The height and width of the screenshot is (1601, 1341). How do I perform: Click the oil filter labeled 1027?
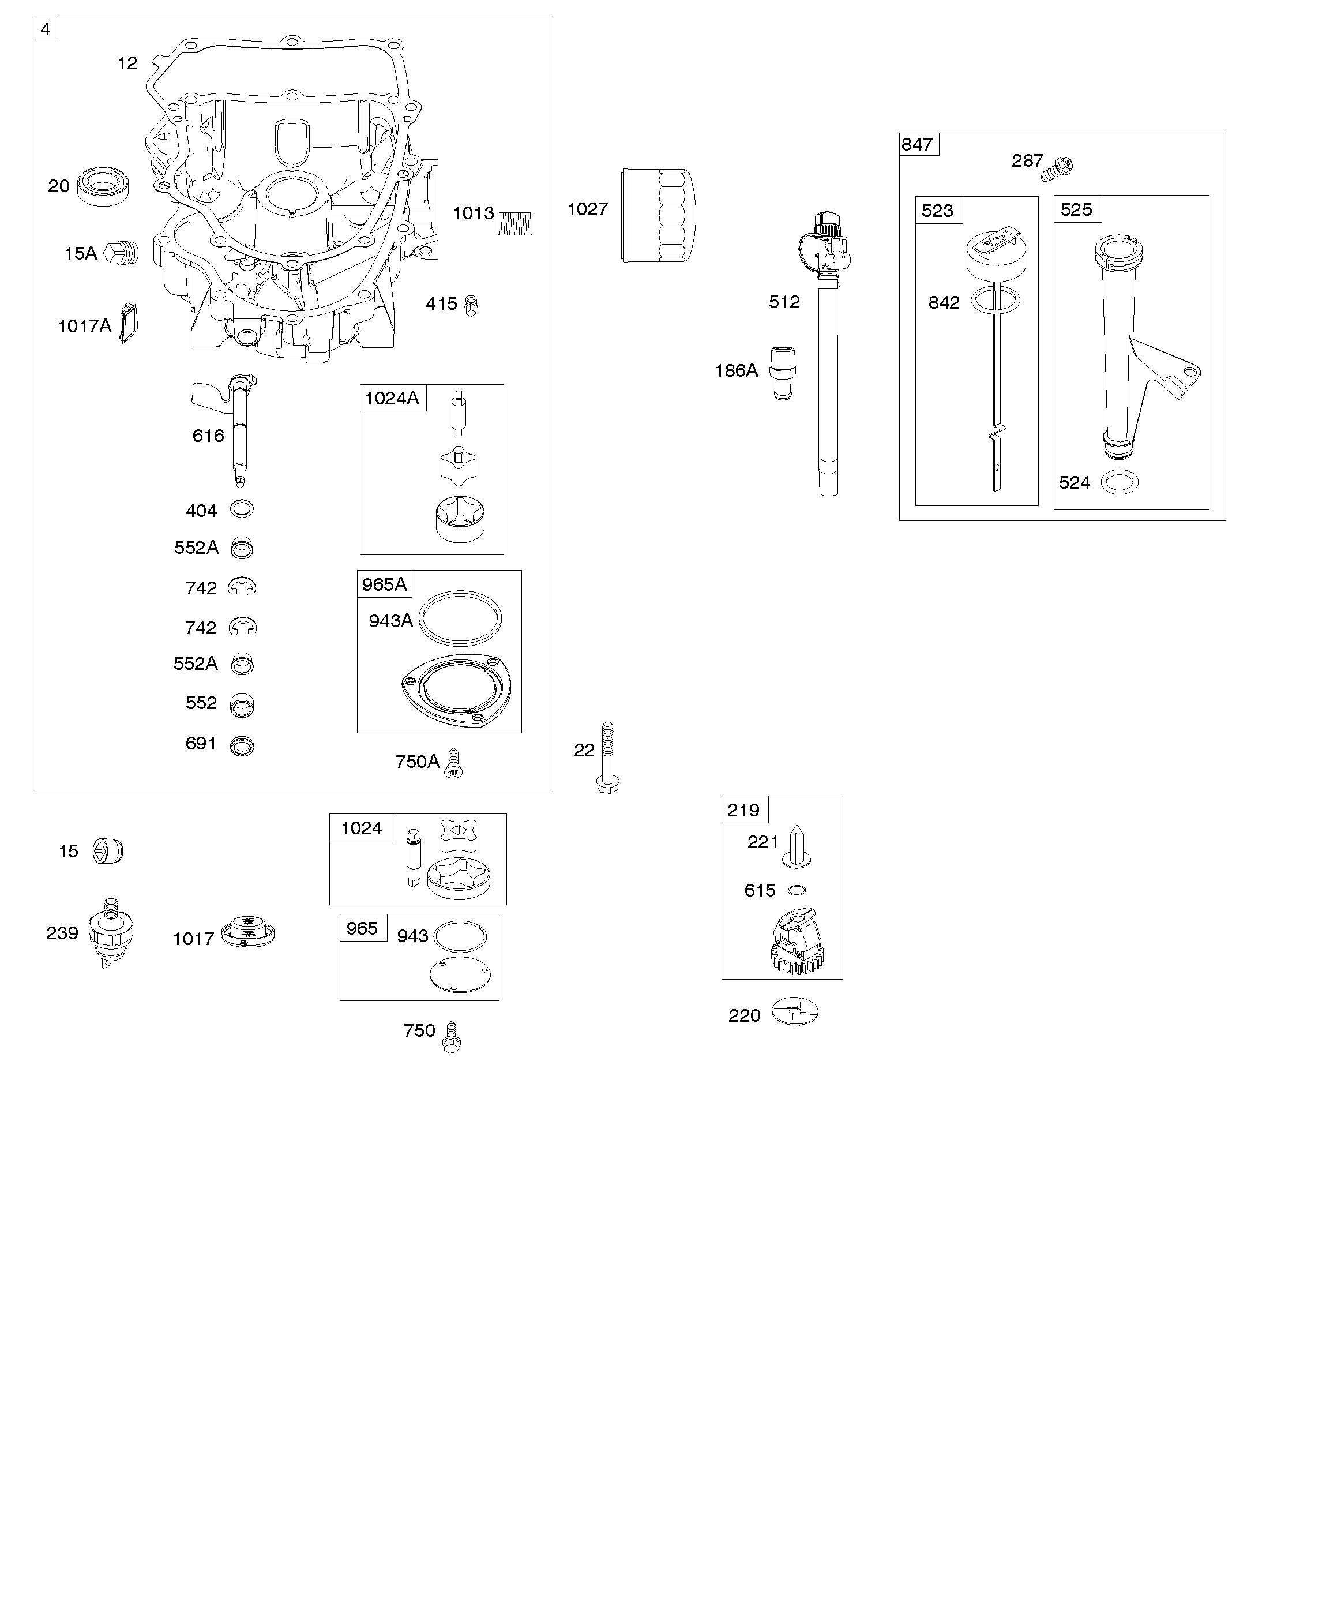tap(659, 216)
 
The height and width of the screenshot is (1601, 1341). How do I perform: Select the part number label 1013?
tap(474, 213)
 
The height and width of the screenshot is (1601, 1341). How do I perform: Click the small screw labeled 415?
tap(471, 305)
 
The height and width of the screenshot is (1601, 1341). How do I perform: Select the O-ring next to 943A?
tap(460, 617)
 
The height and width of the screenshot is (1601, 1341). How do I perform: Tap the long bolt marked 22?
tap(607, 758)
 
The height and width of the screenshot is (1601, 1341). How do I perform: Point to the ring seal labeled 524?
tap(1121, 482)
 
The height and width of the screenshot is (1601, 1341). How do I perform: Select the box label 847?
tap(917, 145)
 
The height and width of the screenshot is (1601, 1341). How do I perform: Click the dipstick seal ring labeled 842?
tap(995, 301)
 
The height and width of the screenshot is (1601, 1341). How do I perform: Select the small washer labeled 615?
tap(797, 890)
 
